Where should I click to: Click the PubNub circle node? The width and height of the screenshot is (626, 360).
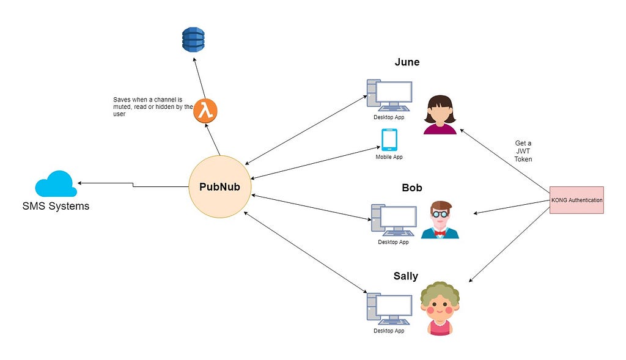tap(219, 186)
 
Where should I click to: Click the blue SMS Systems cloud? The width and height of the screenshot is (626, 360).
tap(56, 184)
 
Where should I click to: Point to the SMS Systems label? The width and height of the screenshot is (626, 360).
tap(56, 206)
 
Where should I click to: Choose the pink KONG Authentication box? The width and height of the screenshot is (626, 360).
tap(577, 200)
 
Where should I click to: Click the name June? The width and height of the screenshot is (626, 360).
tap(407, 62)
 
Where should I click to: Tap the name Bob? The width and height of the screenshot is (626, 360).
tap(412, 187)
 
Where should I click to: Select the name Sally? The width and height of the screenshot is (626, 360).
tap(405, 276)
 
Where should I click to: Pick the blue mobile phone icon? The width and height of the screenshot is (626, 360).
tap(389, 139)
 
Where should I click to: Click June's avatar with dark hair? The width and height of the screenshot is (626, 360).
tap(440, 114)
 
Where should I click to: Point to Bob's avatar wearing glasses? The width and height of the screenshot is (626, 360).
tap(440, 219)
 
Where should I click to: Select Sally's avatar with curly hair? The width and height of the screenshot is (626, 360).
tap(440, 308)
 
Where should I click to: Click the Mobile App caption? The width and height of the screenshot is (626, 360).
tap(389, 157)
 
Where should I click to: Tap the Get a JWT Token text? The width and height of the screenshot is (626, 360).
tap(523, 151)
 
